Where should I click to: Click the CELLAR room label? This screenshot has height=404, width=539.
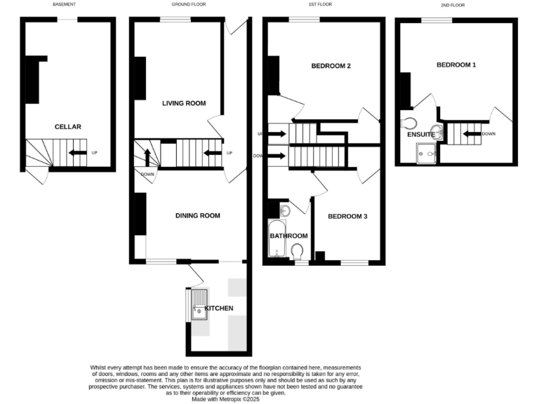pos(68,127)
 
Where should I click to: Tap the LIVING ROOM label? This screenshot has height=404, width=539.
pos(184,103)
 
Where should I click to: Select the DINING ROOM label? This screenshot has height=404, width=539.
pos(198,215)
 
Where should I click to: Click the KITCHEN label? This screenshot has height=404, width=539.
pos(220,308)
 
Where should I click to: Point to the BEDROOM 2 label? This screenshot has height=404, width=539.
pos(331,66)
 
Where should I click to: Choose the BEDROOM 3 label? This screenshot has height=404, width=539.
pos(347,217)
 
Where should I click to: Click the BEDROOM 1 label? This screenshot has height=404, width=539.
pos(456,65)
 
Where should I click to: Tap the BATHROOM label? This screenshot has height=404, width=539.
pos(289,236)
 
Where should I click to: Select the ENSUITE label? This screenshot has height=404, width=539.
pos(422,134)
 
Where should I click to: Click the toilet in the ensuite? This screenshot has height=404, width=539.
pos(411,123)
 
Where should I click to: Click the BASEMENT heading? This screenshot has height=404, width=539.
pos(64,5)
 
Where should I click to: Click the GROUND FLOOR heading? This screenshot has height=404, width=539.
pos(188,5)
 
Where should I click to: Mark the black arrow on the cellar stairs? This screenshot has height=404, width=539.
pos(77,152)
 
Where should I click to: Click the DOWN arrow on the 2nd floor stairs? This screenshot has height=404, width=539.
pos(471,133)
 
